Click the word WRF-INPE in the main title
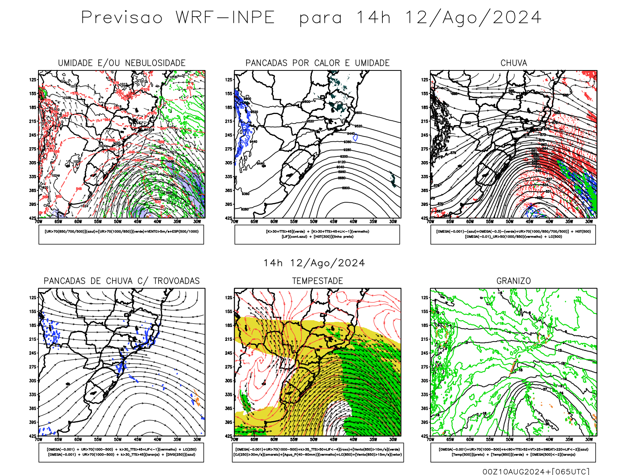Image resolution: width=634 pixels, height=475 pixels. click(x=225, y=18)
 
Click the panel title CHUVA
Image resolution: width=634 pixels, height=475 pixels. click(x=514, y=63)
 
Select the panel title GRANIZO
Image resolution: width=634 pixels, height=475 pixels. click(x=514, y=281)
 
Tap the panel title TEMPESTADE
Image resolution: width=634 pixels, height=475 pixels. click(x=317, y=281)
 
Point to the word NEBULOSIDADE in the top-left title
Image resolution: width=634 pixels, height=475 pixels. click(x=155, y=63)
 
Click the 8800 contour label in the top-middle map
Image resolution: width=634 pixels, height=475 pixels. click(x=346, y=188)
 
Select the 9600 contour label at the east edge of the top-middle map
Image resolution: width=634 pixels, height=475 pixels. click(x=358, y=113)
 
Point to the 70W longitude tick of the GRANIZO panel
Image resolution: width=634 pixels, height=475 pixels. click(x=430, y=440)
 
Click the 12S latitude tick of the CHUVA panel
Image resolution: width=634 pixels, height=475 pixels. click(x=425, y=80)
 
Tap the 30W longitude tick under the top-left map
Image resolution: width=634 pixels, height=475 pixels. click(x=197, y=222)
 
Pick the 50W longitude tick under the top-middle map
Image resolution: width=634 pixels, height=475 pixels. click(x=314, y=222)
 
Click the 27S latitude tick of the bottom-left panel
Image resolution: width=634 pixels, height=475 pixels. click(x=33, y=367)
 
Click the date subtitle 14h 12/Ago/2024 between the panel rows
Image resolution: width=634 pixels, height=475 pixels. click(x=314, y=263)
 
